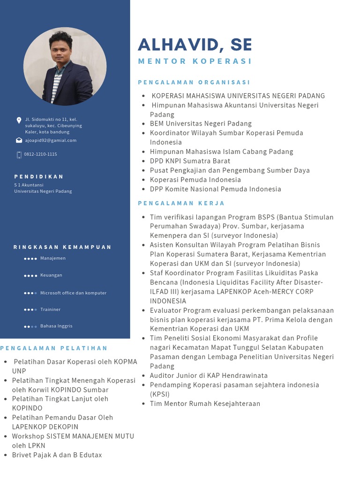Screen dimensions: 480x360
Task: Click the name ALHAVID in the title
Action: [x=173, y=45]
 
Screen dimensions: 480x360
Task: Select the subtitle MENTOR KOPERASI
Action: [x=195, y=61]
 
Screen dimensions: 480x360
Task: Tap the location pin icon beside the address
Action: [x=19, y=120]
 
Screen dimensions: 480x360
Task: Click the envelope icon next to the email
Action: [x=19, y=140]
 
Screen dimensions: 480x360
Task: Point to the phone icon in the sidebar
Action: [x=19, y=155]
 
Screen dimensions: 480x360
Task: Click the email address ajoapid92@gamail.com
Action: [x=51, y=140]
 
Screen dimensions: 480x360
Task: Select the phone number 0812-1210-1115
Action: [x=40, y=154]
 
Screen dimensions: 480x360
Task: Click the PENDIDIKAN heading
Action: [x=39, y=177]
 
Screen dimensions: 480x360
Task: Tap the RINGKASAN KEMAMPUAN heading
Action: [x=62, y=247]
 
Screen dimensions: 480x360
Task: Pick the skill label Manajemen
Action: [x=53, y=258]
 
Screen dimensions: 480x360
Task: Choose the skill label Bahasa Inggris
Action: [x=56, y=326]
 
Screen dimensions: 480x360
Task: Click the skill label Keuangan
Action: [x=51, y=275]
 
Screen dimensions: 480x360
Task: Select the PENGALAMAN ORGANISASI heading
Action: [x=194, y=82]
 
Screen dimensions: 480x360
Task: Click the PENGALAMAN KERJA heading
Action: [x=181, y=203]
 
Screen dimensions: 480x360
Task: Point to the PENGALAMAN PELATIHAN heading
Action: [x=54, y=348]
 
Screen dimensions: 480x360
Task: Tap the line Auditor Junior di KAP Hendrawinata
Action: [x=209, y=375]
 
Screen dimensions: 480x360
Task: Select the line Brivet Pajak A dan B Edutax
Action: [x=57, y=455]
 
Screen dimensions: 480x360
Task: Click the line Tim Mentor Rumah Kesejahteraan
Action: [x=205, y=404]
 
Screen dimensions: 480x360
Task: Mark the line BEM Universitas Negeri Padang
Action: [x=201, y=124]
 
